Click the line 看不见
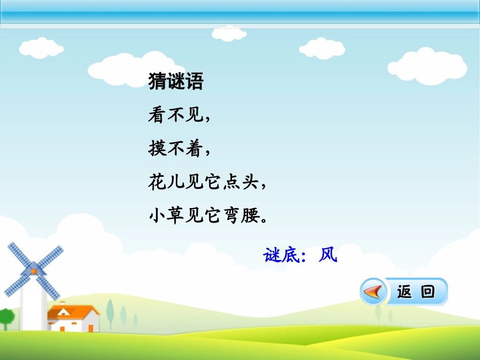[x=177, y=116]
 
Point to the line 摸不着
[x=177, y=149]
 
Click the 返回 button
[x=415, y=292]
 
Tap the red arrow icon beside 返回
[x=373, y=292]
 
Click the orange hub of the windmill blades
[x=34, y=271]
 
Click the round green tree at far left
[x=6, y=317]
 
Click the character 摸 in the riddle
[x=157, y=149]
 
